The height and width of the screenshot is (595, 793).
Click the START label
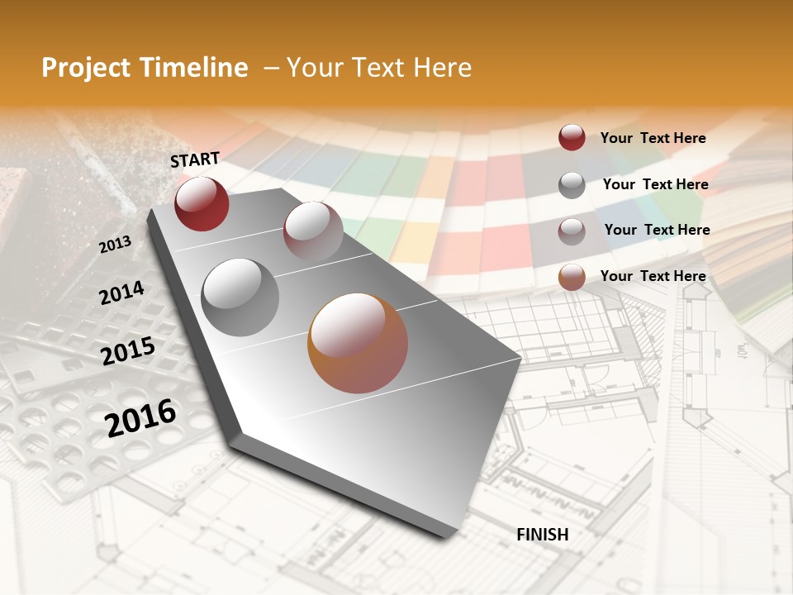(x=195, y=159)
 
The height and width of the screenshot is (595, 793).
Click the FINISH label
(x=542, y=535)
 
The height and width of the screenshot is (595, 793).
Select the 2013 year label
(x=115, y=244)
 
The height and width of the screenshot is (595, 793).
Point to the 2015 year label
(x=128, y=351)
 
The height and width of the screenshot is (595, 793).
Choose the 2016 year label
(x=140, y=417)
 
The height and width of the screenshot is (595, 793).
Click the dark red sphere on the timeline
(x=202, y=203)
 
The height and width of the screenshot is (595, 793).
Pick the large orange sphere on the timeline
(x=358, y=343)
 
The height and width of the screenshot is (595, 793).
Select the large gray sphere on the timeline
(x=240, y=297)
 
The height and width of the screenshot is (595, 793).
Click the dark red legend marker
(x=572, y=138)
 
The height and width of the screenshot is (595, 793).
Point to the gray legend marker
(x=572, y=185)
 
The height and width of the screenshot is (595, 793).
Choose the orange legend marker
(x=572, y=278)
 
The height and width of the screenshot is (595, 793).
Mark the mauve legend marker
(x=572, y=231)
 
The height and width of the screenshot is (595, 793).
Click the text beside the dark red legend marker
(x=653, y=138)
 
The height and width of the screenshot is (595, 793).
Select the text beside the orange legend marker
(x=653, y=276)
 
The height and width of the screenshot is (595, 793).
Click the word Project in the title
(x=86, y=68)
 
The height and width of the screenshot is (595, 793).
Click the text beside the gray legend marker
(x=655, y=184)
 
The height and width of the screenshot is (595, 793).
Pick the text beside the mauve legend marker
(x=657, y=230)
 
